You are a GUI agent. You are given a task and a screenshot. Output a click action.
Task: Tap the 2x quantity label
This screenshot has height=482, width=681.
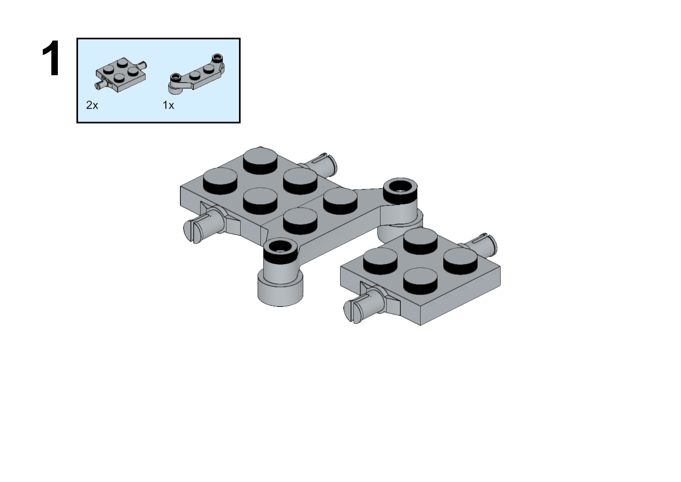point(92,105)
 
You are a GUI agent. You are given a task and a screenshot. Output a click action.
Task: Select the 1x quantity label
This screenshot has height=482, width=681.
point(168,105)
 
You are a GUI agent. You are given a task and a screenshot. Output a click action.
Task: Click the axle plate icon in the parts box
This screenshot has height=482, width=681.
point(121,74)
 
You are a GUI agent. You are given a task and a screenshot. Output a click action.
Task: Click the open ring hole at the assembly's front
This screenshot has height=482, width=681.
point(280,247)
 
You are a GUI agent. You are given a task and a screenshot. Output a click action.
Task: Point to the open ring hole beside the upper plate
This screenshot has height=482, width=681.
point(400,186)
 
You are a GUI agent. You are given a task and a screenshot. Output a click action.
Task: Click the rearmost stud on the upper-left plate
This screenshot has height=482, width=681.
point(260,161)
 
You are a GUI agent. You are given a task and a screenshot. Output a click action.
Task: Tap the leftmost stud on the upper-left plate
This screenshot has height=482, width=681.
point(220,181)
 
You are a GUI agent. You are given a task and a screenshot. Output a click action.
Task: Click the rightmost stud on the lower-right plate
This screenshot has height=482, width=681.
point(460,261)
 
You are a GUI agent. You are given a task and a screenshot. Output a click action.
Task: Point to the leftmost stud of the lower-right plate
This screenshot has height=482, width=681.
point(380,261)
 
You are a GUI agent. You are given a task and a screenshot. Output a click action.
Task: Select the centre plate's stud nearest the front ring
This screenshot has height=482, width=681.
point(300,221)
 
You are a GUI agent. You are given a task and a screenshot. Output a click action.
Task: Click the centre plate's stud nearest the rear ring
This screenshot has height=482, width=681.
point(340,201)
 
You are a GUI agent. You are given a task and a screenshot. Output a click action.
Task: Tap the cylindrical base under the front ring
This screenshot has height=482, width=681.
point(280,290)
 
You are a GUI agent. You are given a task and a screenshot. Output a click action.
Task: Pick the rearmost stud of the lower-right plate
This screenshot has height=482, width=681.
point(420,241)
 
